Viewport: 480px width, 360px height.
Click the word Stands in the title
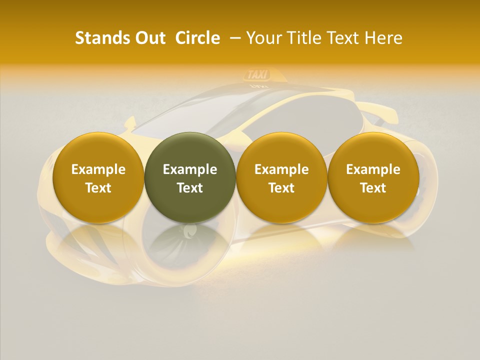pos(99,38)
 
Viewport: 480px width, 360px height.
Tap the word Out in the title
pos(149,38)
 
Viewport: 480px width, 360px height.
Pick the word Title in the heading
pos(300,38)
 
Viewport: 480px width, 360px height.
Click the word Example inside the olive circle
pos(190,169)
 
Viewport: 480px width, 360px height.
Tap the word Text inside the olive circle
pos(190,188)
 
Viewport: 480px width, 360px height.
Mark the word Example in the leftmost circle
pos(98,169)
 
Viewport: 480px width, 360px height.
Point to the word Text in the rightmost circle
pos(373,188)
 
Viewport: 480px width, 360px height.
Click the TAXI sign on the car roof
pos(257,75)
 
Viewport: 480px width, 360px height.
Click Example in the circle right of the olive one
pos(281,169)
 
